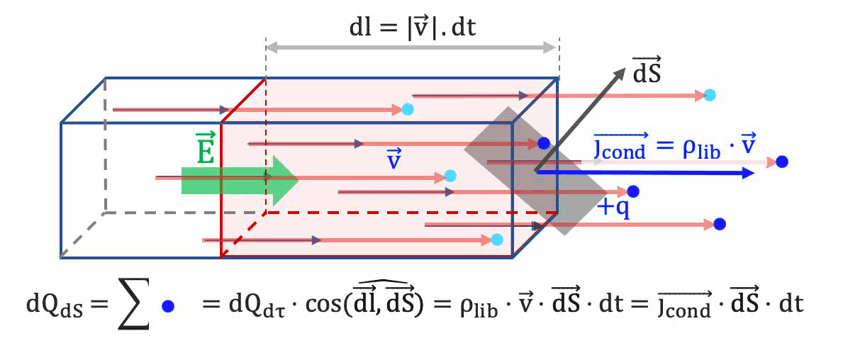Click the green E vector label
click(x=205, y=148)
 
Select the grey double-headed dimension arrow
click(x=412, y=47)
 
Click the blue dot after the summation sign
click(x=168, y=306)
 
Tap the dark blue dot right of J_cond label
click(x=781, y=162)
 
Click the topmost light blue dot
click(x=710, y=95)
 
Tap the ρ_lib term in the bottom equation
click(x=469, y=307)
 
